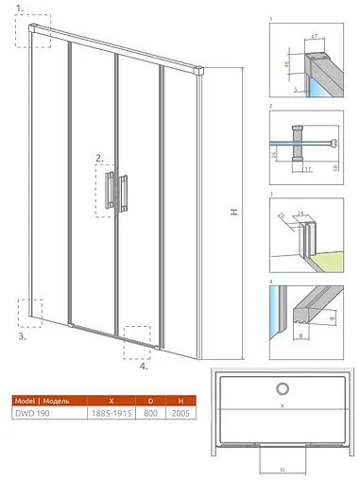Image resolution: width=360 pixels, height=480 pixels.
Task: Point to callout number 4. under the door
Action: (x=143, y=368)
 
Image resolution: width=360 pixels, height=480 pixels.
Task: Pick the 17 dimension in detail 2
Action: (x=309, y=171)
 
